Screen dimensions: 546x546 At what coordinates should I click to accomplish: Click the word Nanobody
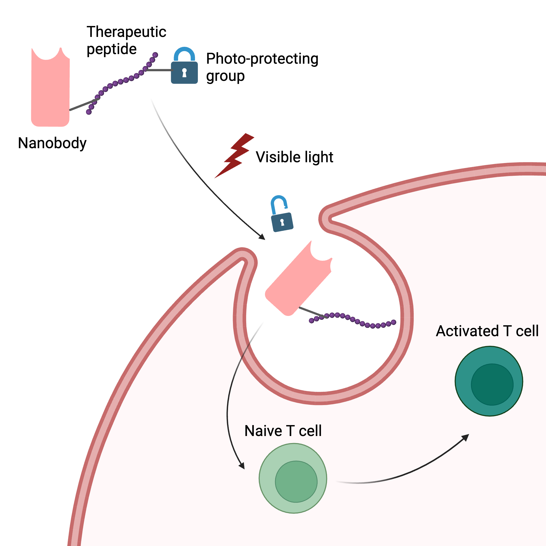pos(52,143)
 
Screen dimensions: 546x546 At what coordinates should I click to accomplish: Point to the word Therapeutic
pos(126,32)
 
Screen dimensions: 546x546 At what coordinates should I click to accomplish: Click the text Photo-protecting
pos(262,59)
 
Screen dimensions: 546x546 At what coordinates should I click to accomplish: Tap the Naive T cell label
pos(283,431)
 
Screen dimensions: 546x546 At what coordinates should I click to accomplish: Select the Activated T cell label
pos(487,331)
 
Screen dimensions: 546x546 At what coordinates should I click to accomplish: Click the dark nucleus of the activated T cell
pos(492,385)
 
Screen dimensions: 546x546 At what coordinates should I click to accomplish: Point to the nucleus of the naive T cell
pos(296,482)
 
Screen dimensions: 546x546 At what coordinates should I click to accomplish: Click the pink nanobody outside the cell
pos(50,90)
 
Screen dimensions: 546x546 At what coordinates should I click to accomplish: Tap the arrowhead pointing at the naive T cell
pos(242,466)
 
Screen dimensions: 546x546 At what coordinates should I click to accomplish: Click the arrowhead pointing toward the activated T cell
pos(465,438)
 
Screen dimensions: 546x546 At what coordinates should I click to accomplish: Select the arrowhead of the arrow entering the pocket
pos(262,237)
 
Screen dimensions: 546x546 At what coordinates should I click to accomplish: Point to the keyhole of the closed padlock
pos(184,72)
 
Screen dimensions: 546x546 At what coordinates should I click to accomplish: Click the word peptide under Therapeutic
pos(112,49)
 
